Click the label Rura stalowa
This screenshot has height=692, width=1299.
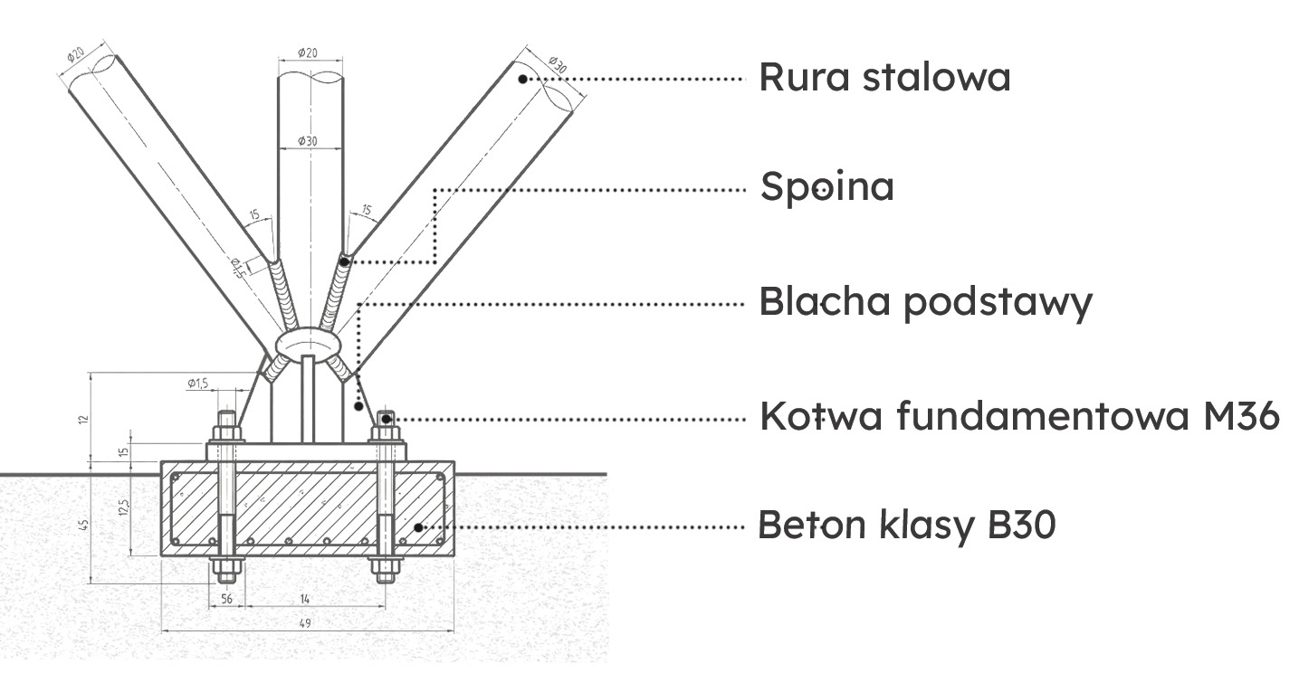[x=884, y=78]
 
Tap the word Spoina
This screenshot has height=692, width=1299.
[x=826, y=187]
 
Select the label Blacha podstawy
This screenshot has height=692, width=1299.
[x=925, y=302]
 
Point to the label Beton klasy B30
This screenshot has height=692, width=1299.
[x=906, y=525]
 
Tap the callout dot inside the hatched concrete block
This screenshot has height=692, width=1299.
[x=417, y=526]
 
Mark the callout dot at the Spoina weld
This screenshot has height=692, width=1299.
[x=345, y=261]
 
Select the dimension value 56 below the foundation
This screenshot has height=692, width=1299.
[x=226, y=599]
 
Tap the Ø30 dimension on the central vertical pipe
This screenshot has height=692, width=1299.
[x=309, y=142]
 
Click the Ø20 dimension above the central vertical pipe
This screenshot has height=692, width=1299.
[x=309, y=53]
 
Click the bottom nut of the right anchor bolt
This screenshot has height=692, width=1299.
[x=386, y=570]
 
